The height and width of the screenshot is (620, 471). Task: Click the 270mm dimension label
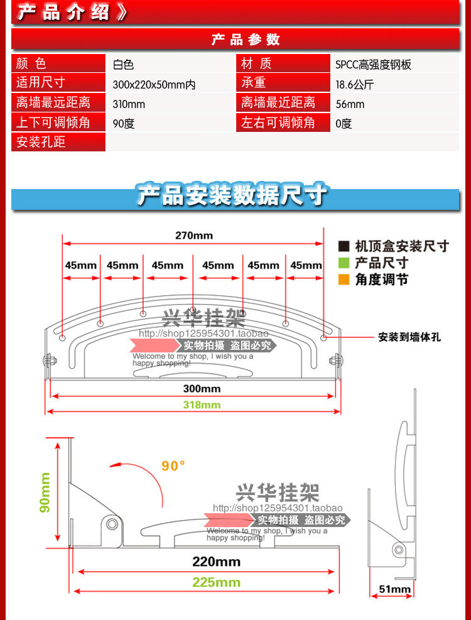[x=193, y=236]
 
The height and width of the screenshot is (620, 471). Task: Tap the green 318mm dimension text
[x=202, y=405]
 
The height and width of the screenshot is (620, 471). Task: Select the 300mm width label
[x=202, y=389]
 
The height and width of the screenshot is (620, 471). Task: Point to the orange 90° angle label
[x=173, y=466]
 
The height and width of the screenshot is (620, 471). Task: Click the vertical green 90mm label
[x=45, y=492]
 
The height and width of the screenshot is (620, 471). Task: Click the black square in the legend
[x=344, y=246]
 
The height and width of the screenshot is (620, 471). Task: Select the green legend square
[x=344, y=263]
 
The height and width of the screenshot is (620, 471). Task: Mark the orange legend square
[x=344, y=280]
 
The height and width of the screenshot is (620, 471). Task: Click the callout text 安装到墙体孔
[x=409, y=337]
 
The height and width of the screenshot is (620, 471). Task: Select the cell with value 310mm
[x=129, y=104]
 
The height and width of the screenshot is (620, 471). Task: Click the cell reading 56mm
[x=350, y=104]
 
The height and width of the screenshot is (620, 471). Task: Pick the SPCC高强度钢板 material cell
[x=373, y=64]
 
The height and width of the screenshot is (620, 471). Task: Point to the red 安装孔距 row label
[x=41, y=142]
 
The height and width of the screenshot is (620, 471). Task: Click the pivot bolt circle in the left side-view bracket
[x=112, y=523]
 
